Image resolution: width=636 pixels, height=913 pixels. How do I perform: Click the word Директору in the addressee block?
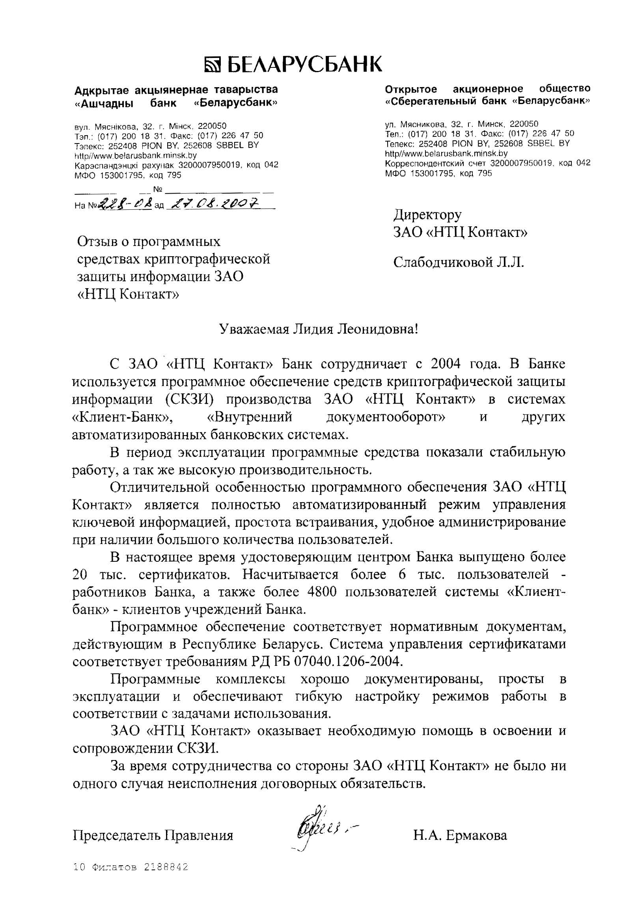pyautogui.click(x=427, y=215)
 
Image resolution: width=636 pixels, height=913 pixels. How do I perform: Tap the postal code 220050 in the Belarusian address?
pyautogui.click(x=212, y=127)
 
